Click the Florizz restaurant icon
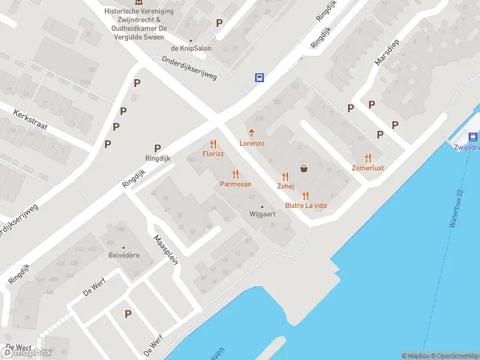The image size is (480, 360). pyautogui.click(x=213, y=145)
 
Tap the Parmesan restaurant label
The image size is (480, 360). pyautogui.click(x=235, y=184)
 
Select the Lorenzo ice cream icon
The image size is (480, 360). pyautogui.click(x=252, y=133)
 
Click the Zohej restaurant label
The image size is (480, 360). pyautogui.click(x=286, y=186)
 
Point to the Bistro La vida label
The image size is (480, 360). pyautogui.click(x=305, y=206)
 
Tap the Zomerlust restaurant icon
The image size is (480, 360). pyautogui.click(x=368, y=158)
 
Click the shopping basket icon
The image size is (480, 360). pyautogui.click(x=304, y=169)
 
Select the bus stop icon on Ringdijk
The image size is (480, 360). pyautogui.click(x=260, y=77)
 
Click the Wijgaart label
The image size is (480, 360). pyautogui.click(x=262, y=214)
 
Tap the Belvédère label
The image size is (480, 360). pyautogui.click(x=124, y=255)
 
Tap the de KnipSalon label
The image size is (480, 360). pyautogui.click(x=187, y=48)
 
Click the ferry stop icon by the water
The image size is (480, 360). pyautogui.click(x=473, y=137)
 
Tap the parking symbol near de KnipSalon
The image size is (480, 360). pyautogui.click(x=220, y=23)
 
